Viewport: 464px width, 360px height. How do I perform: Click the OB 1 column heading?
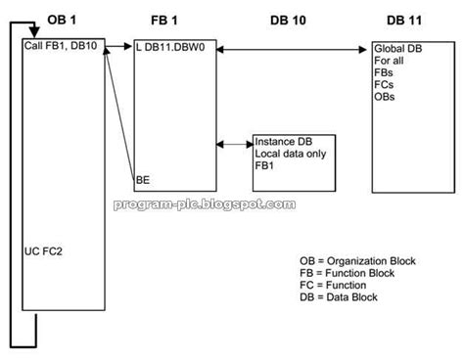tap(60, 19)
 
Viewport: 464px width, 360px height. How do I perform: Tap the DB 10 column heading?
tap(290, 19)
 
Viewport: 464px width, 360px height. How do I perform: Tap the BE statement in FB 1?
tap(143, 179)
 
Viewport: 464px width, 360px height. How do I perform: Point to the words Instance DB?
tap(285, 141)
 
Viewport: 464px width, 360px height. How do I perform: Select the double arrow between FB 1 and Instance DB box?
tap(235, 146)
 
